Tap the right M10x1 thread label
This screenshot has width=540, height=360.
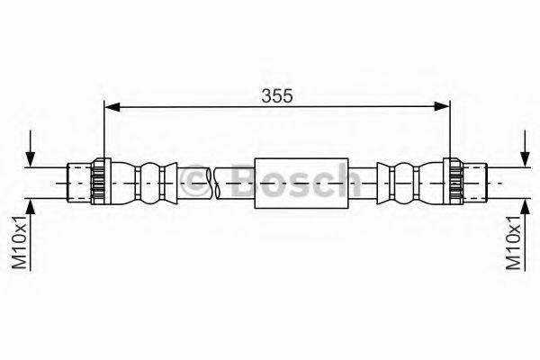(x=513, y=243)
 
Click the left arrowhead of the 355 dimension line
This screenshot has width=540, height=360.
(x=112, y=107)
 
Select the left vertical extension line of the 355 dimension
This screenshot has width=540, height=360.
(x=105, y=135)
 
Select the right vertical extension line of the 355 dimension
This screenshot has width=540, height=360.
(x=449, y=135)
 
